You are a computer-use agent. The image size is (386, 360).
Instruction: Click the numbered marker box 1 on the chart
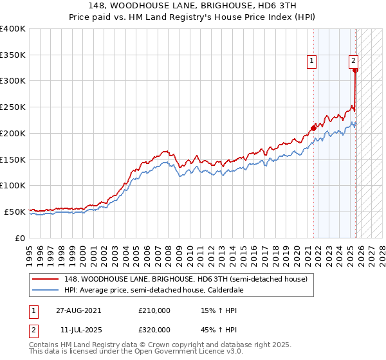(x=311, y=61)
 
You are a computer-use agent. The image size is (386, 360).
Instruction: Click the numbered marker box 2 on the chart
(x=353, y=61)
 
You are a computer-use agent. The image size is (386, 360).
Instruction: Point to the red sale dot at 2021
(x=313, y=128)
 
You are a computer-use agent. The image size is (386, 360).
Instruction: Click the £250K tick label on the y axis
(x=13, y=107)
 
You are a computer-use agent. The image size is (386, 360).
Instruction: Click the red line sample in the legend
(x=46, y=279)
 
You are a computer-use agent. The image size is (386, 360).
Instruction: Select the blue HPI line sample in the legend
(x=46, y=290)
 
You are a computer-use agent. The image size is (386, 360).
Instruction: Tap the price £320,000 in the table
(x=154, y=329)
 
